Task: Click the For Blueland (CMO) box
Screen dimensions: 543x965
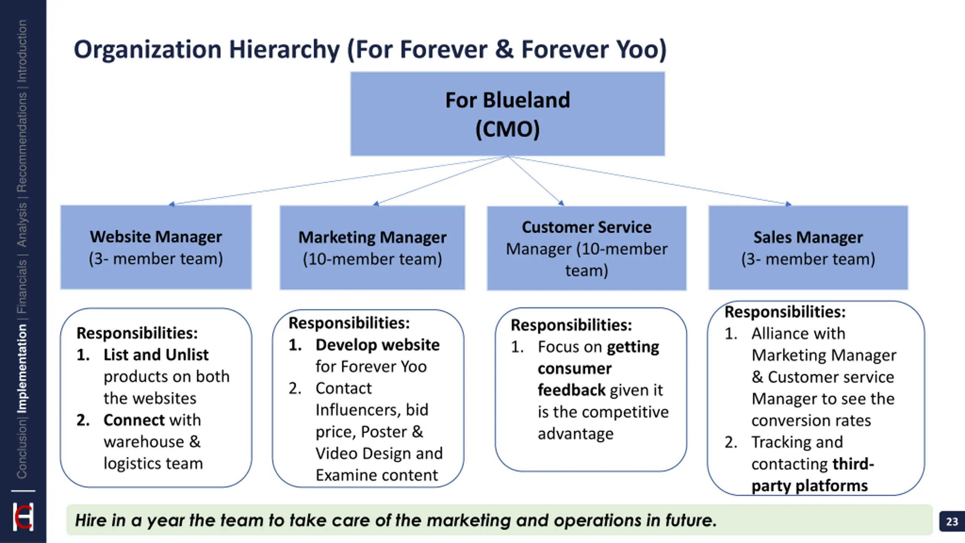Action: [x=507, y=114]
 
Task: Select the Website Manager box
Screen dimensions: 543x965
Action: [x=156, y=247]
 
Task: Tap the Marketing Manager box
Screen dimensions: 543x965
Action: [x=372, y=248]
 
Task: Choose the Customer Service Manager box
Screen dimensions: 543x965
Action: [x=587, y=248]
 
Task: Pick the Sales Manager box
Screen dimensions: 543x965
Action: [x=808, y=248]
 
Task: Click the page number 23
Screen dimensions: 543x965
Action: [x=952, y=522]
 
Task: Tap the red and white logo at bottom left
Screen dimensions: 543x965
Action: [x=23, y=517]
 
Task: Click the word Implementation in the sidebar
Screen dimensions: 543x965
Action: [x=22, y=369]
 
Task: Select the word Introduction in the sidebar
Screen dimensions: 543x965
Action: [x=22, y=51]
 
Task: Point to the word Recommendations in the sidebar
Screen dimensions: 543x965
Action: [x=22, y=142]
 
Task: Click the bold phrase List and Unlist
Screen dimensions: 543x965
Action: [x=156, y=355]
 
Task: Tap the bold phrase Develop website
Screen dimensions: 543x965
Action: [x=377, y=345]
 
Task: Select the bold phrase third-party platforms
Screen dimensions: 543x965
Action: [x=810, y=475]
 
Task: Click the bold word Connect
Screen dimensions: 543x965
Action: [x=134, y=420]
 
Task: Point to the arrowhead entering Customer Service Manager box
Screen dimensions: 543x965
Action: [x=561, y=203]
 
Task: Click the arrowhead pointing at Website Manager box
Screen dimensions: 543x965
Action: [x=172, y=204]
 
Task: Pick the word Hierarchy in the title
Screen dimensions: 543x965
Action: [x=284, y=50]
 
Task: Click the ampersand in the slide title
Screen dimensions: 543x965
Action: [x=504, y=50]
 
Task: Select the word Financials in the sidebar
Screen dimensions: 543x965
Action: [x=22, y=287]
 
